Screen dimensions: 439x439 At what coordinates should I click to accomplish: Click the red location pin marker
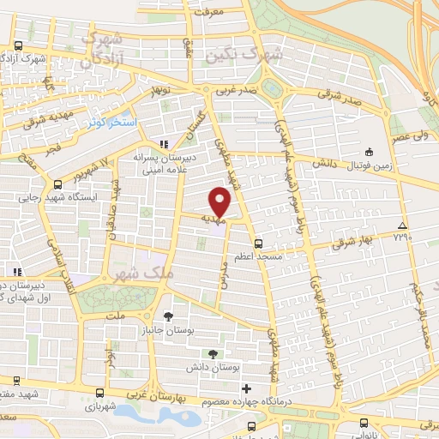220,202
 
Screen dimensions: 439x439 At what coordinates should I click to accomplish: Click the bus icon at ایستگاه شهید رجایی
57,183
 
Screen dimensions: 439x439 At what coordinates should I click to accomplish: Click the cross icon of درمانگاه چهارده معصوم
246,389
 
